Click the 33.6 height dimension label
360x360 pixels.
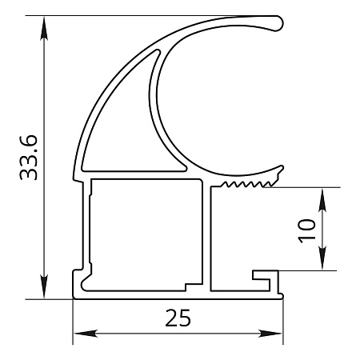coord(29,158)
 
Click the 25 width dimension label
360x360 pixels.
coord(178,318)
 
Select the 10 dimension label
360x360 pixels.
coord(306,231)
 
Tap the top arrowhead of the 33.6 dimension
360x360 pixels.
coord(44,28)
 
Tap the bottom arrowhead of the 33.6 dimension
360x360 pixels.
coord(44,286)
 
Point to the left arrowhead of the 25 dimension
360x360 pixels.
coord(85,334)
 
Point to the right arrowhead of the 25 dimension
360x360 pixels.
coord(270,334)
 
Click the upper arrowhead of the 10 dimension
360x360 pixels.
coord(322,200)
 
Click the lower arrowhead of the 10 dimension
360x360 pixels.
coord(322,258)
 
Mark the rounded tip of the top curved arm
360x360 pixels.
coord(278,23)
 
